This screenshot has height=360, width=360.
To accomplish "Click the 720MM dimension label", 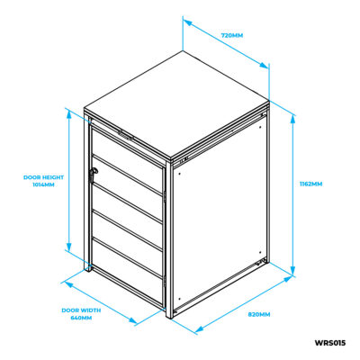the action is [x=232, y=35].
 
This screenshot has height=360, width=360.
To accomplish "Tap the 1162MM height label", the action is [x=310, y=184].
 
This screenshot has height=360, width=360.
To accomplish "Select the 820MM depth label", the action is [x=259, y=314].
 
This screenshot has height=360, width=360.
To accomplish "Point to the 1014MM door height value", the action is [x=43, y=184].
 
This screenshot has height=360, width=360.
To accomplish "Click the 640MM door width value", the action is [x=81, y=318].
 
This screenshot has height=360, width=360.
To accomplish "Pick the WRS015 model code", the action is [x=330, y=343].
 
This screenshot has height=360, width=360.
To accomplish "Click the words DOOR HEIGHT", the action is [x=43, y=177].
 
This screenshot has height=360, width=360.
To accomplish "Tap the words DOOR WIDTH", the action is [x=81, y=310].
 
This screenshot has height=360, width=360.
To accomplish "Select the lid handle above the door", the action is [x=126, y=135].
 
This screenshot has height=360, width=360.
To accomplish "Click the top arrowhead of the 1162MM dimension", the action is [x=293, y=119].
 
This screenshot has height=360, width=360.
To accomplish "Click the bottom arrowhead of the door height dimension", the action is [x=68, y=247].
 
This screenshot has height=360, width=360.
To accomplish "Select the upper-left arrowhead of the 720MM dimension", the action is [x=187, y=22].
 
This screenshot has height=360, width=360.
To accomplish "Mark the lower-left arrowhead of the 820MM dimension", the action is [x=200, y=328].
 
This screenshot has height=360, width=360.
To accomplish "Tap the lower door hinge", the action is [x=165, y=280].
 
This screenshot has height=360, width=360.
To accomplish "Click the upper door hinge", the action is [x=165, y=196].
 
